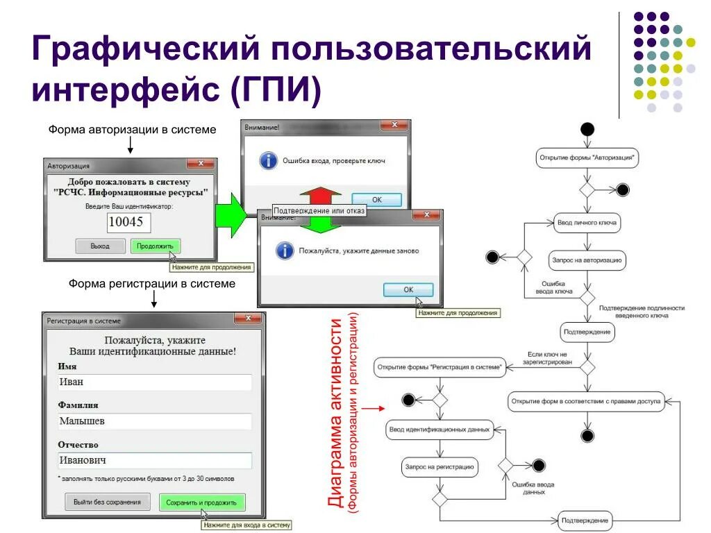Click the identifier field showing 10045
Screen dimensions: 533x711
pyautogui.click(x=128, y=222)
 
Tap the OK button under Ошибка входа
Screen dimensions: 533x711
pyautogui.click(x=376, y=199)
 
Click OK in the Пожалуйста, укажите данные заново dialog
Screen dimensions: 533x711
pyautogui.click(x=408, y=290)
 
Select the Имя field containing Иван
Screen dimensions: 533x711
pyautogui.click(x=155, y=382)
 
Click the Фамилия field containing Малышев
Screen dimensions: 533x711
pyautogui.click(x=155, y=421)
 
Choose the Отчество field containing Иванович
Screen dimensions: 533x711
pyautogui.click(x=155, y=460)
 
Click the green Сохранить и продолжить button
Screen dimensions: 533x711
pyautogui.click(x=201, y=502)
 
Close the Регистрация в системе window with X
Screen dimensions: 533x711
pyautogui.click(x=247, y=319)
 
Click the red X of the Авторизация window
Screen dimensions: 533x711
pyautogui.click(x=201, y=164)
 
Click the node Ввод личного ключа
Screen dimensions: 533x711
pyautogui.click(x=587, y=223)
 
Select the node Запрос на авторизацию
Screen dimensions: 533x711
pyautogui.click(x=587, y=261)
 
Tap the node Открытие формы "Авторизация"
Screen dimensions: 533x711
pyautogui.click(x=587, y=158)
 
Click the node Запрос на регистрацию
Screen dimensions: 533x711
pyautogui.click(x=439, y=467)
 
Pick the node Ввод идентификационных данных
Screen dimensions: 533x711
pyautogui.click(x=439, y=430)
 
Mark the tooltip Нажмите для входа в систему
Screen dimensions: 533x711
pyautogui.click(x=246, y=525)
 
